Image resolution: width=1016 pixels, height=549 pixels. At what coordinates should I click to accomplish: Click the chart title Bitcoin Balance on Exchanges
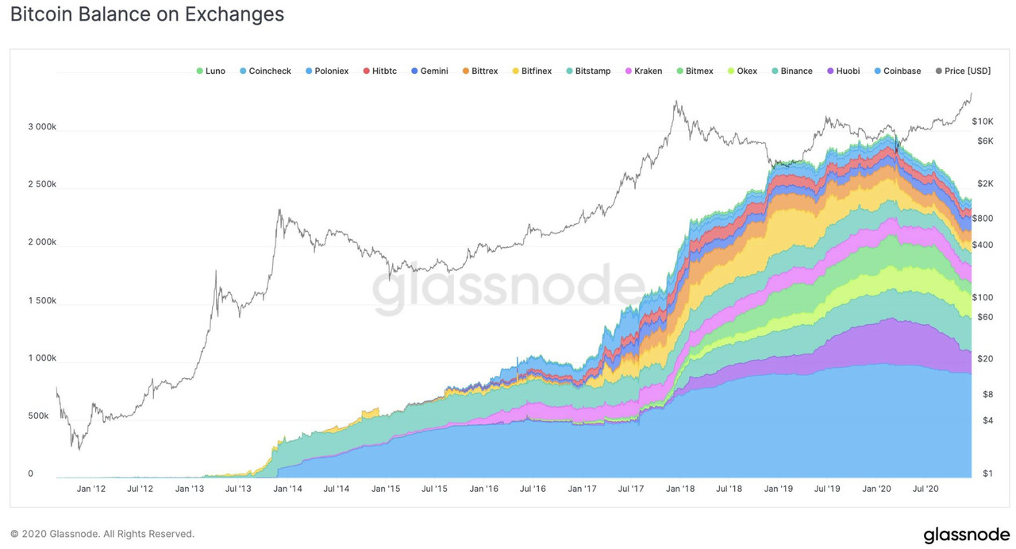point(147,14)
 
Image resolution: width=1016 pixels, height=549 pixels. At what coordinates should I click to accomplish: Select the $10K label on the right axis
point(983,122)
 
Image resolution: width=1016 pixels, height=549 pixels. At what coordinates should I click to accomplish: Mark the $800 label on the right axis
point(983,218)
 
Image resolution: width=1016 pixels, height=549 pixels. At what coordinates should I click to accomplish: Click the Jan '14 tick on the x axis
point(287,489)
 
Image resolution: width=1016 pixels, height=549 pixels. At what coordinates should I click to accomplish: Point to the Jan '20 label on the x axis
point(876,489)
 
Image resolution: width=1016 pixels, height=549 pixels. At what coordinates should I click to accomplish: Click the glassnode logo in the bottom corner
point(966,535)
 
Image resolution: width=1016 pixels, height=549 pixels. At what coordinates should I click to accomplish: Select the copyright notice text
point(102,534)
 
